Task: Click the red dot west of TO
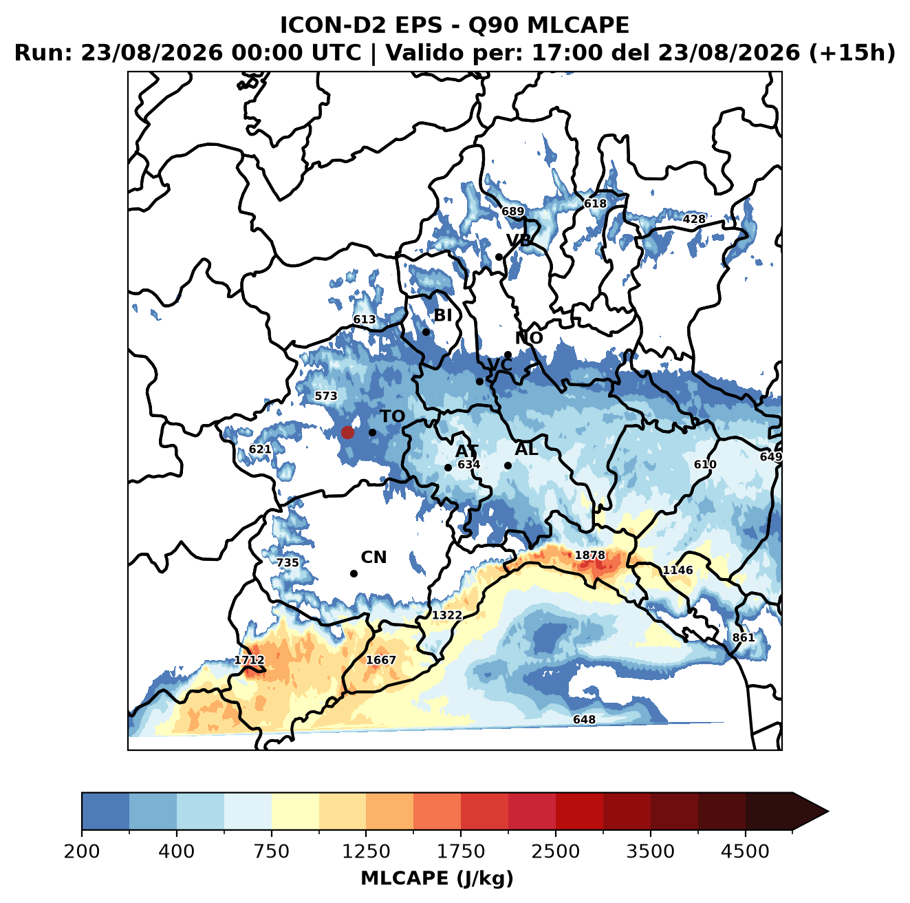(347, 432)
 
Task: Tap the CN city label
(373, 557)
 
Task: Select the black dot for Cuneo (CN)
(354, 573)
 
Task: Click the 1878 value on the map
(589, 555)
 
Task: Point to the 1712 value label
(250, 660)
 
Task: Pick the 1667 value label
(381, 659)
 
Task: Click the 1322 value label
(446, 615)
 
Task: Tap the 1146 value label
(678, 571)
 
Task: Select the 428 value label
(694, 220)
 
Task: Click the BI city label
(442, 315)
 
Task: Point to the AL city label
(526, 449)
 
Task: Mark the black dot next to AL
(508, 465)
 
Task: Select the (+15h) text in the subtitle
(852, 52)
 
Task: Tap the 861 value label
(744, 638)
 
